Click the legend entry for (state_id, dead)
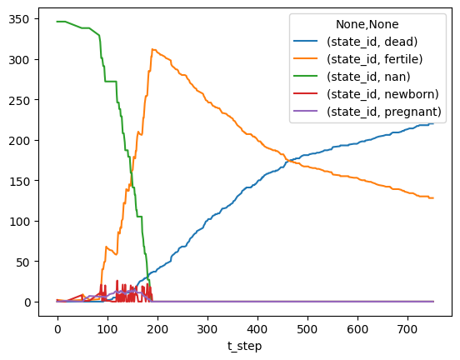click(x=372, y=42)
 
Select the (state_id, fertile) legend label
click(x=375, y=59)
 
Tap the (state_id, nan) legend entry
click(x=368, y=77)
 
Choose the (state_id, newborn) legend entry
click(x=382, y=94)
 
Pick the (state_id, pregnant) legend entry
click(x=384, y=112)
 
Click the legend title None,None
click(x=367, y=24)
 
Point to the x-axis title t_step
click(x=244, y=347)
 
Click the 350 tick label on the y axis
click(x=19, y=19)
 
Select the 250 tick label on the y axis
click(x=19, y=100)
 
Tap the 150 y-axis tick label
click(x=19, y=181)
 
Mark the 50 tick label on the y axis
click(x=22, y=262)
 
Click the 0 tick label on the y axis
click(x=27, y=302)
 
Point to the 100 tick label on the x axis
click(x=107, y=329)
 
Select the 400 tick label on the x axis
click(x=257, y=329)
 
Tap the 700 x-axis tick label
click(x=407, y=329)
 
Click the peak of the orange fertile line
click(x=152, y=49)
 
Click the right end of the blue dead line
click(x=433, y=123)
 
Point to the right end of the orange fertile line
click(x=433, y=198)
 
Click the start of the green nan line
click(x=57, y=22)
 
